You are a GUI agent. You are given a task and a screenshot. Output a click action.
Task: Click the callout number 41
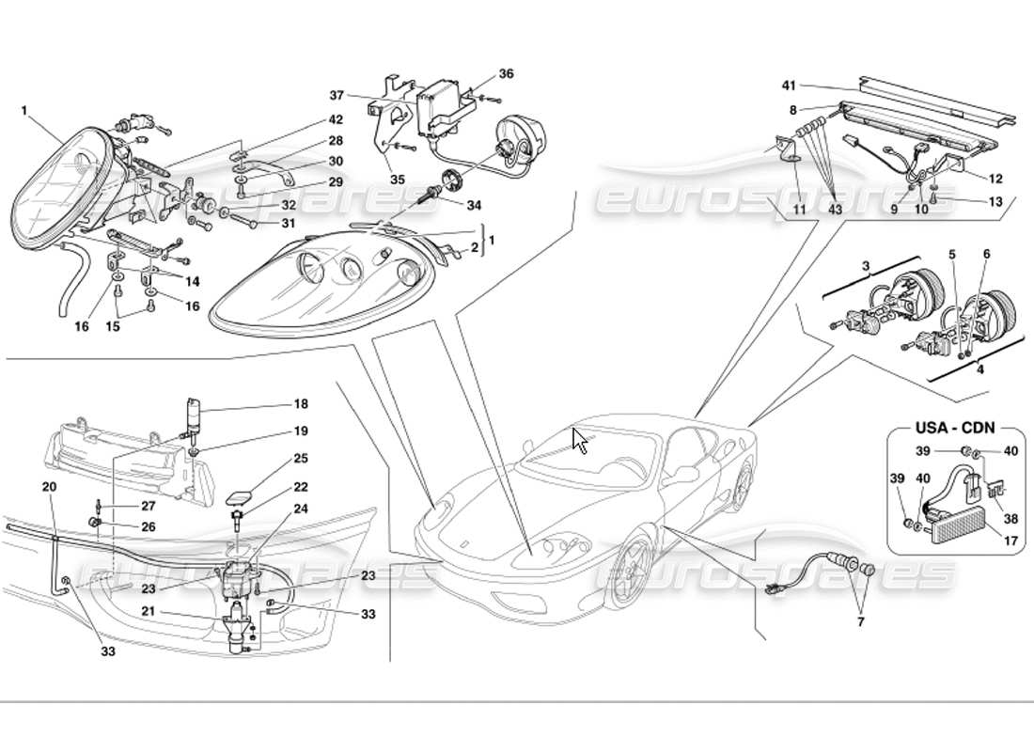coord(789,86)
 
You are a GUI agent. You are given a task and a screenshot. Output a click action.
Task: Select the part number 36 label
coord(507,73)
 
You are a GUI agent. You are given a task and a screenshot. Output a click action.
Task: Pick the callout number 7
coord(859,621)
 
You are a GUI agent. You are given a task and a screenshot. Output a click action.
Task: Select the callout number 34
coord(473,205)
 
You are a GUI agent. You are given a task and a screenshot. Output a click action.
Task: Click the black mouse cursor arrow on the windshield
coord(580,439)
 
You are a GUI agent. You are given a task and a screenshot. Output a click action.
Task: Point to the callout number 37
coord(337,95)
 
